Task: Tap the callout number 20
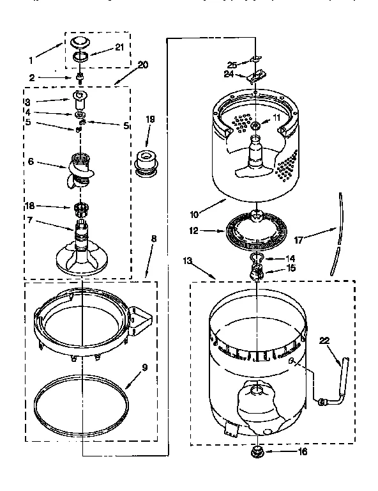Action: tap(142, 65)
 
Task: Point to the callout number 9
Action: tap(144, 368)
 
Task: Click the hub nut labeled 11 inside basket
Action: tap(255, 125)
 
